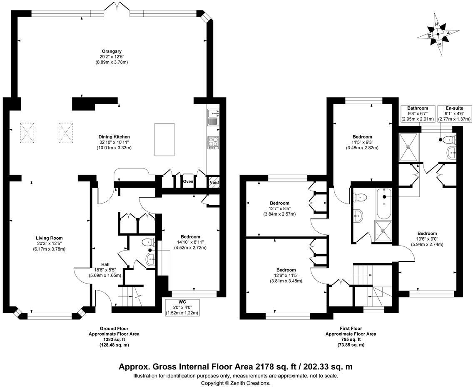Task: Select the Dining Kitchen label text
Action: click(114, 142)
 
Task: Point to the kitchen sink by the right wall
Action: click(213, 117)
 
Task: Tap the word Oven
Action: click(188, 181)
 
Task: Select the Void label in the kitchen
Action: click(214, 182)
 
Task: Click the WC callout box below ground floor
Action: click(182, 307)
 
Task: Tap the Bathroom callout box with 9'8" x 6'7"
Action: click(417, 114)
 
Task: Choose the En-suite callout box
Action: click(454, 114)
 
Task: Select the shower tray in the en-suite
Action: click(408, 146)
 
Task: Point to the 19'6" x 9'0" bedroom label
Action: click(427, 239)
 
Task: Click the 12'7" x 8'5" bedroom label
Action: click(279, 209)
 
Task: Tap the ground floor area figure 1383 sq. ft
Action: click(114, 339)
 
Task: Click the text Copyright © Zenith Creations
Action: click(236, 383)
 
